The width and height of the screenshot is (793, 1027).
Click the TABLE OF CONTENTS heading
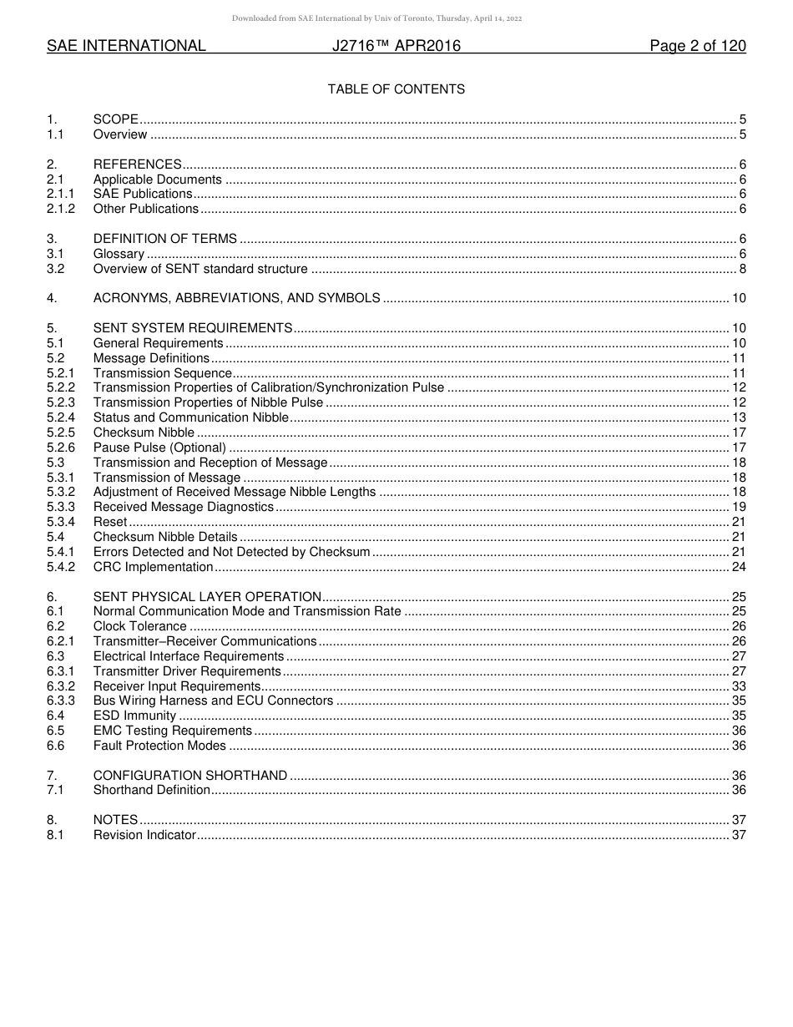click(396, 89)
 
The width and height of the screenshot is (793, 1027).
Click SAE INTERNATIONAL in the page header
click(126, 47)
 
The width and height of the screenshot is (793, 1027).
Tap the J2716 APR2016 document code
click(396, 47)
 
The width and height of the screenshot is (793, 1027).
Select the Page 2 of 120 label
click(697, 47)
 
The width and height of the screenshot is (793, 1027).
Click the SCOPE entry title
click(115, 119)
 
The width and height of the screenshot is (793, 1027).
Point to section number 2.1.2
click(61, 209)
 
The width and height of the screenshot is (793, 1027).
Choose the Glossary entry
click(119, 254)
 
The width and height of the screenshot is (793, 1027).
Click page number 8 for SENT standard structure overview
click(742, 269)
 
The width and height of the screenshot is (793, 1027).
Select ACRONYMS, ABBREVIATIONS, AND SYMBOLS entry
click(236, 298)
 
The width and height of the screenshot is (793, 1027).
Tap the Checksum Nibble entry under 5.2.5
click(144, 433)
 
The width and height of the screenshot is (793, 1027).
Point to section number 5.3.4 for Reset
click(61, 522)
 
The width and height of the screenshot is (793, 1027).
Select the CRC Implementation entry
click(153, 567)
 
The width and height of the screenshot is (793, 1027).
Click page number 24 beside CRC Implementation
click(739, 567)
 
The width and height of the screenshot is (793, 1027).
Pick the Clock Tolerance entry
click(139, 626)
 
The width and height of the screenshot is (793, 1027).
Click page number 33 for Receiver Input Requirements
click(739, 686)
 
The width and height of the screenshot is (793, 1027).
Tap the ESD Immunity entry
click(134, 716)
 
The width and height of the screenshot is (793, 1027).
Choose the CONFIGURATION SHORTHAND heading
click(190, 776)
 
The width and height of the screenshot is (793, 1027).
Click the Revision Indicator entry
click(144, 835)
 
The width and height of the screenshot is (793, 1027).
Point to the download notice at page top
click(376, 18)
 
